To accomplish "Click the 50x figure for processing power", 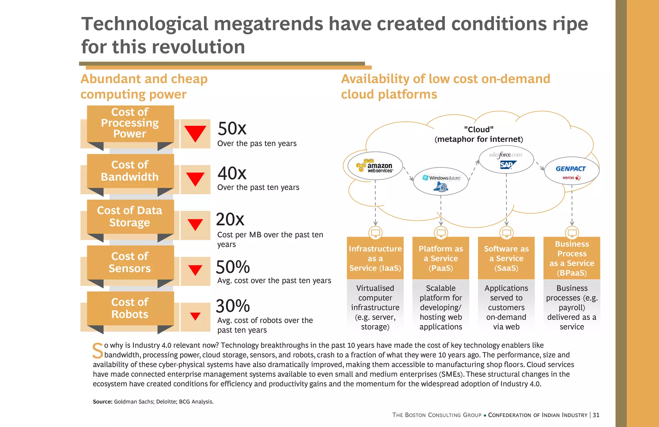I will pos(232,129).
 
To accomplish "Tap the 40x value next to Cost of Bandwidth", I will pos(232,174).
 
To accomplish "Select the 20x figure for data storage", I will pos(230,220).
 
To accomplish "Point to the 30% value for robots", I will pos(233,306).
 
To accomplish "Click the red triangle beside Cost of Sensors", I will pos(195,270).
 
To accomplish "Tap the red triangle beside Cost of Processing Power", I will pos(195,134).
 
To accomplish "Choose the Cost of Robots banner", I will pos(130,308).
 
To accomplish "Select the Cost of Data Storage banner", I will pos(130,216).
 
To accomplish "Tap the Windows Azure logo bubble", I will pos(441,181).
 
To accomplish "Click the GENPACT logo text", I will pos(571,169).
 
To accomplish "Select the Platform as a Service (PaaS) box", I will pos(441,258).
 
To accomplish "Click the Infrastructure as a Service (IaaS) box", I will pos(375,258).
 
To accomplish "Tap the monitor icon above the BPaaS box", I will pos(572,232).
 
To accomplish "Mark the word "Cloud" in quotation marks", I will pos(479,129).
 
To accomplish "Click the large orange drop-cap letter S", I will pos(97,351).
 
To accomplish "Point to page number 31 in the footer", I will pos(596,415).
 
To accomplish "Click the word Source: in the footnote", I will pos(102,402).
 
